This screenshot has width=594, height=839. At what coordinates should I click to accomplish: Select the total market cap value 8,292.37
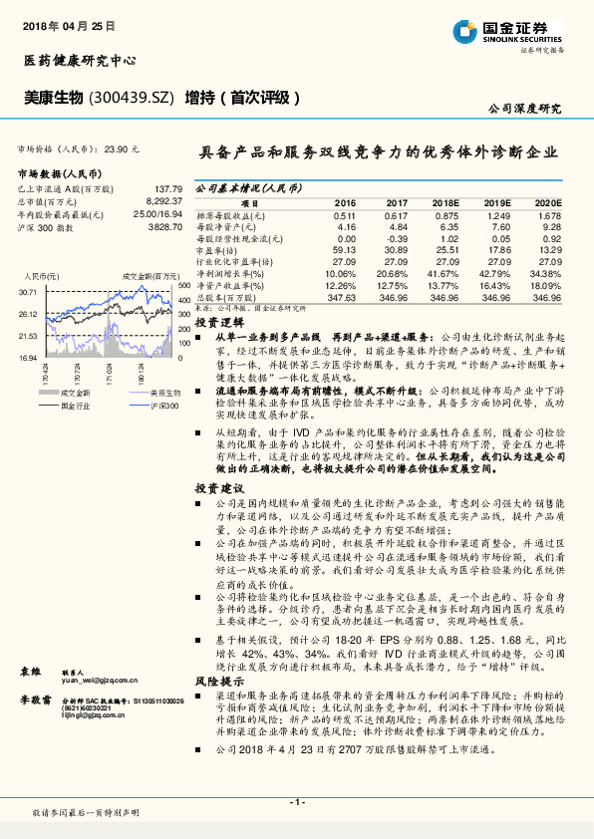click(x=165, y=201)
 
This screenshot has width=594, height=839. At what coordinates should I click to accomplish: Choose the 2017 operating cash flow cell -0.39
click(x=397, y=239)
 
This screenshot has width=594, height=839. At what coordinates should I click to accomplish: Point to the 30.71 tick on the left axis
click(x=27, y=292)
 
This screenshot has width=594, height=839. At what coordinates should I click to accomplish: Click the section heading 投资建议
click(x=219, y=487)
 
